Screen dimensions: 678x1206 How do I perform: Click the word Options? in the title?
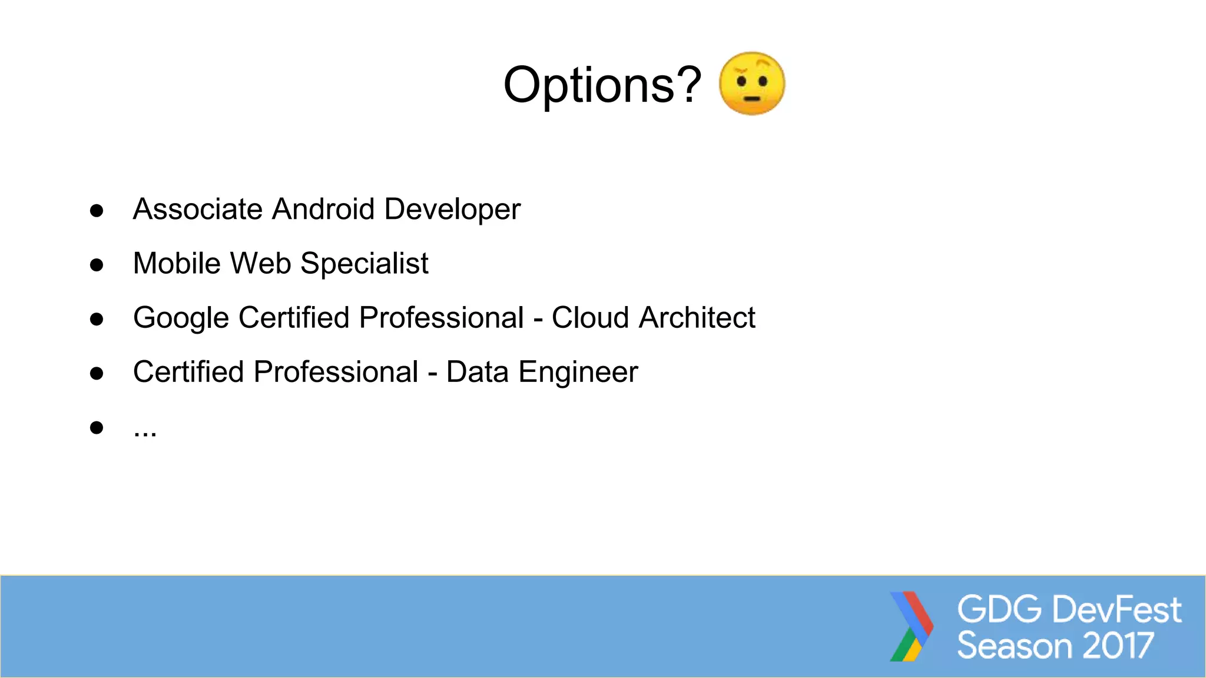[x=602, y=85]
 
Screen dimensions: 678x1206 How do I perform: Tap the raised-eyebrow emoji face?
[x=752, y=84]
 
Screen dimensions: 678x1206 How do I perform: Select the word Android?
[x=323, y=210]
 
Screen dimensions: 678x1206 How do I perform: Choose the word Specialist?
[x=364, y=264]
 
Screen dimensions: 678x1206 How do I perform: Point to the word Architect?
[x=697, y=318]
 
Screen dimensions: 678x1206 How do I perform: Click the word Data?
[x=477, y=372]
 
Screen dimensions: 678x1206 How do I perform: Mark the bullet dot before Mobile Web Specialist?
[x=97, y=265]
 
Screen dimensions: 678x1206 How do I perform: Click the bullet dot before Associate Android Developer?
[x=97, y=211]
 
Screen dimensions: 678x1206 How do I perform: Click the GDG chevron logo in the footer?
[x=911, y=626]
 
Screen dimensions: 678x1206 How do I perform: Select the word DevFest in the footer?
[x=1116, y=609]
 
